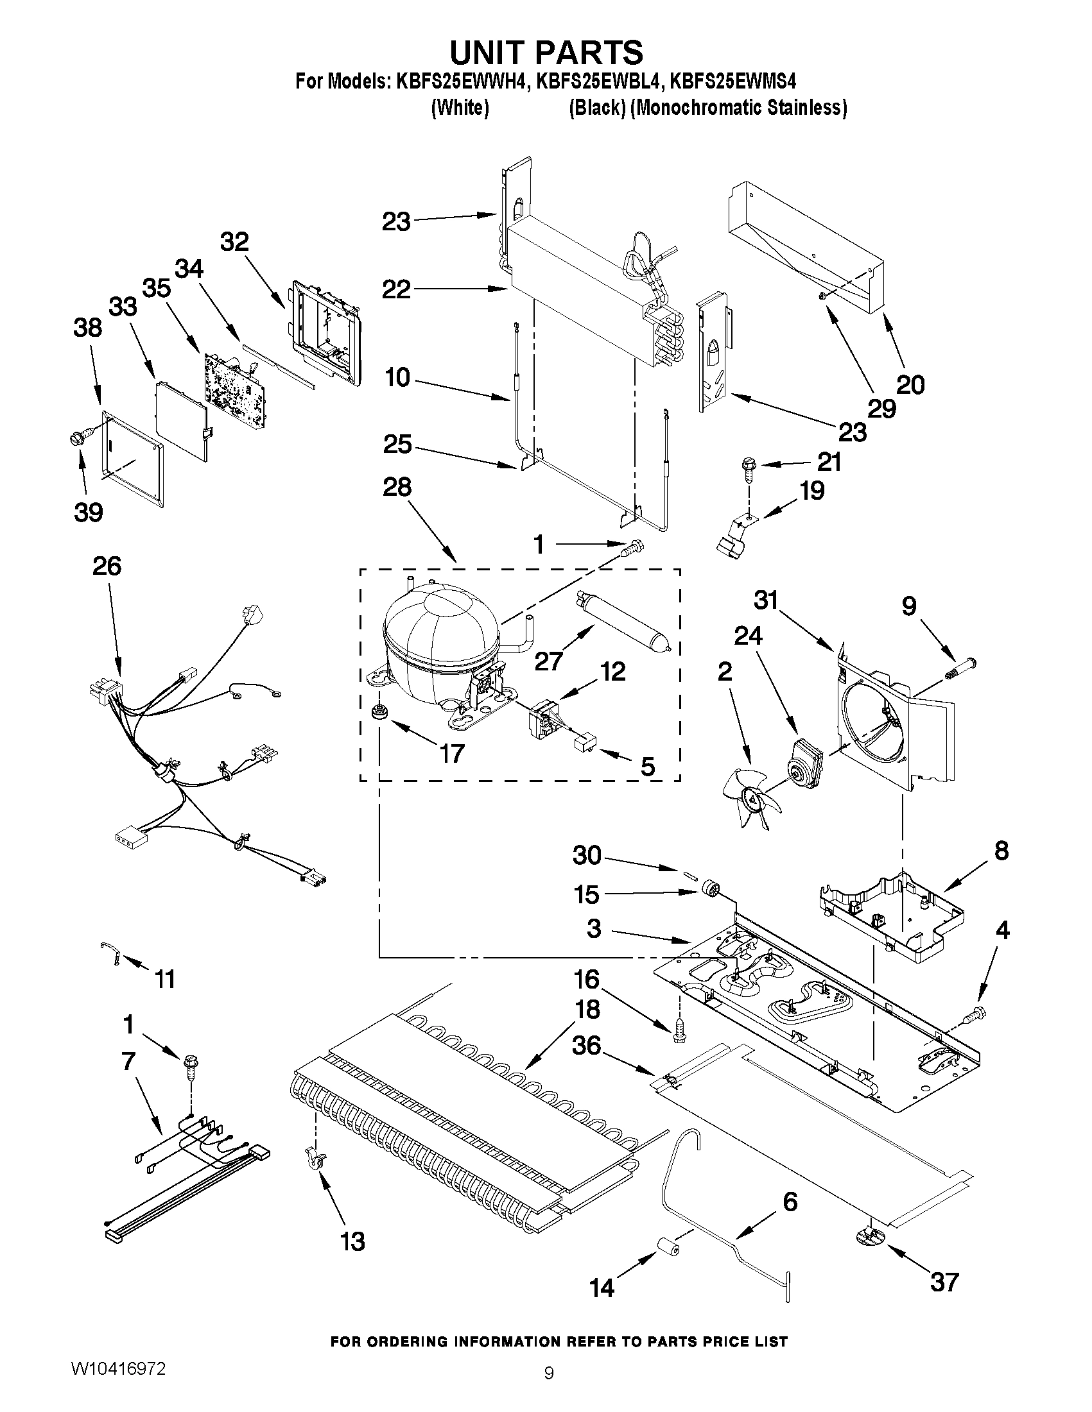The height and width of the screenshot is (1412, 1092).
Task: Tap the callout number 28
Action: click(x=397, y=488)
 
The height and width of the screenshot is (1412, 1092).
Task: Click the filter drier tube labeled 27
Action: click(x=622, y=619)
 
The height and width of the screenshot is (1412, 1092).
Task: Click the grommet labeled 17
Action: click(x=377, y=713)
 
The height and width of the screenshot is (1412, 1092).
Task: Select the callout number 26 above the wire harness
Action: click(x=107, y=566)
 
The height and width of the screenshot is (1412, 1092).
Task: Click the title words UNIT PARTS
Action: click(x=547, y=52)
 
